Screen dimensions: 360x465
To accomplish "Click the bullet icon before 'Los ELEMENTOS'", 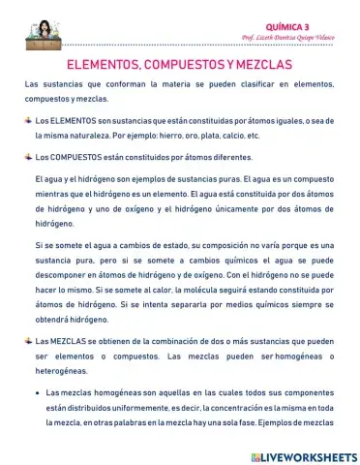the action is click(27, 119).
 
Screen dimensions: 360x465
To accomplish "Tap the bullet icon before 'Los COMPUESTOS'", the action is click(27, 154).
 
